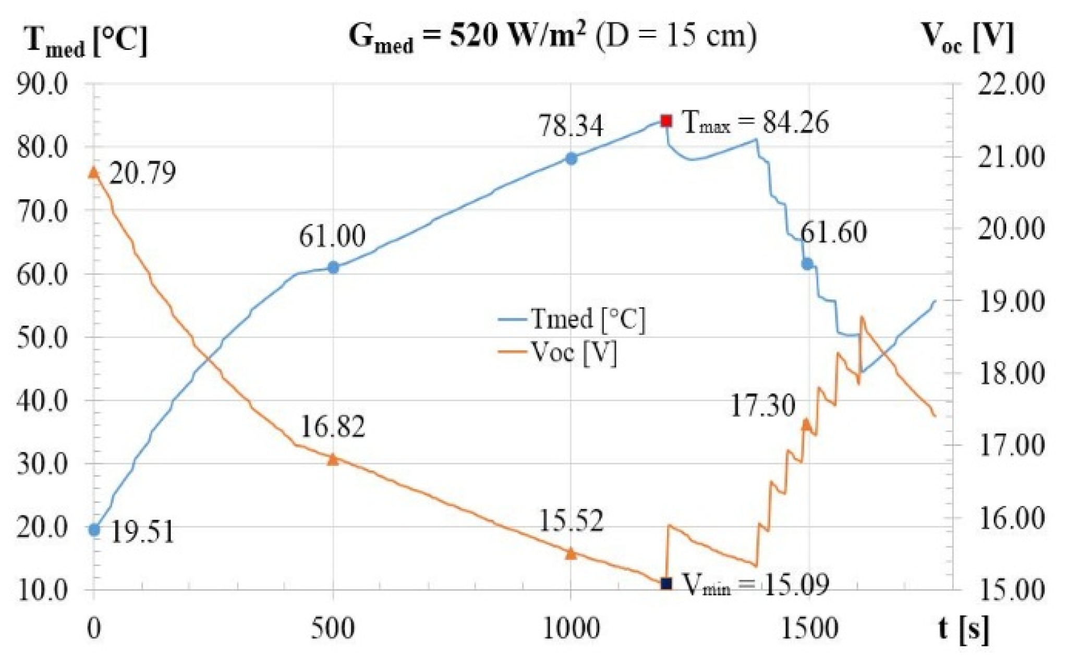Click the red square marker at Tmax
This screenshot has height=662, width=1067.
pos(666,121)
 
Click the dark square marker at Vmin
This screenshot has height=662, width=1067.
pos(666,583)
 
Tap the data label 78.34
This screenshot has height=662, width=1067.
pos(571,126)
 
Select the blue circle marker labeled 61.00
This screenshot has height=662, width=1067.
pos(333,268)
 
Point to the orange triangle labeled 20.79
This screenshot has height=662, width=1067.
pos(94,172)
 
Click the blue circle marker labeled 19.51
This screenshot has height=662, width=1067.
pos(94,530)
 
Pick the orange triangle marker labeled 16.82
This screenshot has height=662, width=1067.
pos(333,459)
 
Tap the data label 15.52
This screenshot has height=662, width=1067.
pos(571,521)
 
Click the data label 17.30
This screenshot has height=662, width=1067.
pos(762,406)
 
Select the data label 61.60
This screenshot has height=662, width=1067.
pos(833,232)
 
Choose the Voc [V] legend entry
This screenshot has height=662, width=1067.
pos(558,353)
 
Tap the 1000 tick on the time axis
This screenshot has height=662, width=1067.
pos(571,629)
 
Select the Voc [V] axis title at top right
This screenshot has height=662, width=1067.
pos(967,38)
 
